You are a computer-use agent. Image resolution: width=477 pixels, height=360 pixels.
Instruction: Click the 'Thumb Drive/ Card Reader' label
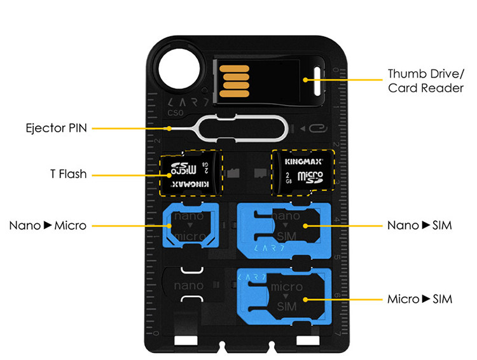click(425, 80)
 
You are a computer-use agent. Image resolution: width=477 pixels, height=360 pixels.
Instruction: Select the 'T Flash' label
click(68, 174)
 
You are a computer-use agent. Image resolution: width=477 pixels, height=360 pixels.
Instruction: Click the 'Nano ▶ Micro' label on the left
click(48, 225)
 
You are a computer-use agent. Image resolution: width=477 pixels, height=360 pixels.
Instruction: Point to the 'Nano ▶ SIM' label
click(420, 226)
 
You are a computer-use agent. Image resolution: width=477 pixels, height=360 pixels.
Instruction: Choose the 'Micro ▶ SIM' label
click(420, 298)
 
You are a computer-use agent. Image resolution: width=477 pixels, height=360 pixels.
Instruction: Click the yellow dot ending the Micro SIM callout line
click(306, 298)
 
